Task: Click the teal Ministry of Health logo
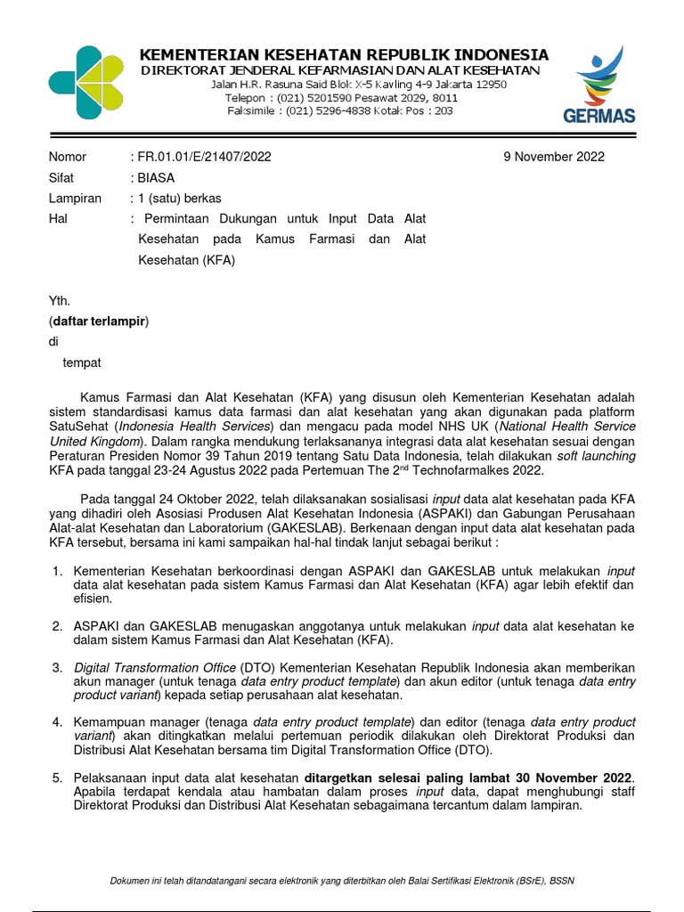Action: pyautogui.click(x=85, y=83)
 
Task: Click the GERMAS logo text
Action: pyautogui.click(x=598, y=116)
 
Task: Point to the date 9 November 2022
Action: pyautogui.click(x=554, y=157)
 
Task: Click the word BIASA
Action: pyautogui.click(x=157, y=177)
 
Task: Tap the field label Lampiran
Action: pyautogui.click(x=75, y=198)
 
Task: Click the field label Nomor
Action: pyautogui.click(x=68, y=157)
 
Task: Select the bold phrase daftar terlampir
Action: pyautogui.click(x=99, y=321)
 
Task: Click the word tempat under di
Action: pyautogui.click(x=82, y=362)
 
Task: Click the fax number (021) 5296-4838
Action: pyautogui.click(x=335, y=110)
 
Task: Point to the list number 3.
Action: pyautogui.click(x=57, y=667)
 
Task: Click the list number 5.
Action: pyautogui.click(x=57, y=778)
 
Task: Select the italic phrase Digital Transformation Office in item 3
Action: pyautogui.click(x=156, y=667)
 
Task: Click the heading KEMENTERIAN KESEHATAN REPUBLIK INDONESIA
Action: pyautogui.click(x=344, y=54)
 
